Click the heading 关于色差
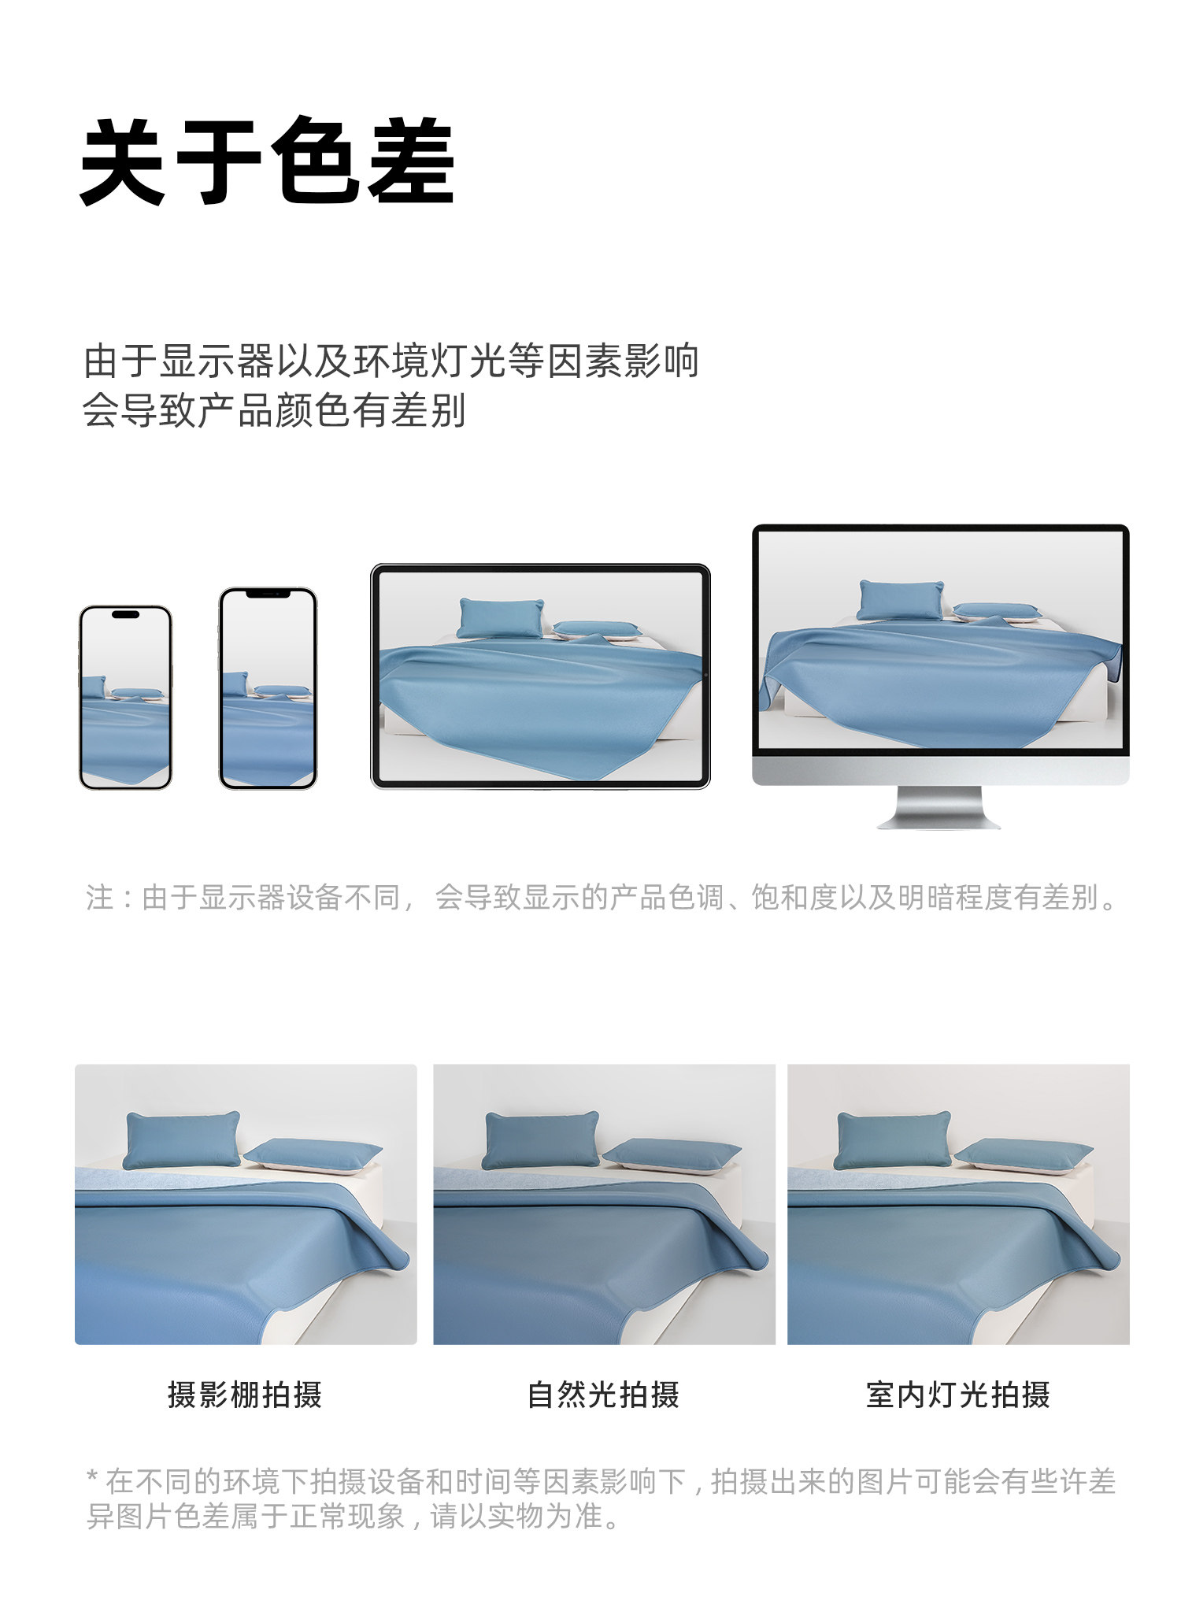[x=268, y=161]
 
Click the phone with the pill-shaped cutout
[x=126, y=698]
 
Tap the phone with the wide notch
[x=268, y=688]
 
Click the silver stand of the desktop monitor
[x=939, y=807]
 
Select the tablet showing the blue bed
[x=540, y=676]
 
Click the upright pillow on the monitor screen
[x=900, y=600]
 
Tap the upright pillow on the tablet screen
[x=501, y=617]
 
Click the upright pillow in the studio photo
[x=183, y=1140]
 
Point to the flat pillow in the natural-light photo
[x=672, y=1155]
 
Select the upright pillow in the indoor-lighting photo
[x=894, y=1140]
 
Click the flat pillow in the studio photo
[x=313, y=1155]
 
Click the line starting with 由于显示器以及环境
[x=391, y=361]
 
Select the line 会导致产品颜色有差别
[x=275, y=410]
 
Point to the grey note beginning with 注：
[x=602, y=897]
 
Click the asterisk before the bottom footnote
[x=92, y=1478]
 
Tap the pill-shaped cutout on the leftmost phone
[x=126, y=614]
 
